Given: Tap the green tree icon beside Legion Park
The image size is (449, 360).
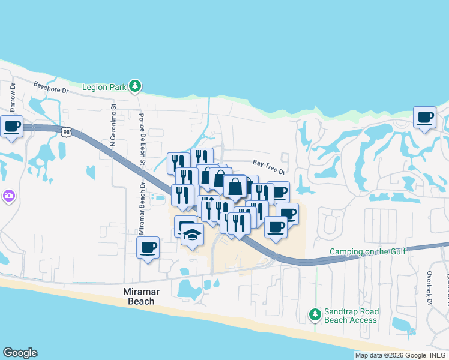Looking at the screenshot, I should (x=136, y=86).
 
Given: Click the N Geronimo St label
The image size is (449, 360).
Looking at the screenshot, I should (x=113, y=125).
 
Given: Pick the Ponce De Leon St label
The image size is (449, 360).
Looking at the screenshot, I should (x=142, y=138).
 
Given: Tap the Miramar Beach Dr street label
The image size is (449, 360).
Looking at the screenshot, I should (x=142, y=208).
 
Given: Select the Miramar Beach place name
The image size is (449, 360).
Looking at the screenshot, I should (x=133, y=296).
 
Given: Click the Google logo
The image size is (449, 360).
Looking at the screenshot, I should (x=20, y=353).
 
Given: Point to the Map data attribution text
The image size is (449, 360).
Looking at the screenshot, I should (x=401, y=355).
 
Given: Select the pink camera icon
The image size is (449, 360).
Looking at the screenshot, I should (x=9, y=196).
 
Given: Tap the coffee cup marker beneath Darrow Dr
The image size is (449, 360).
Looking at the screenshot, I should (x=11, y=127).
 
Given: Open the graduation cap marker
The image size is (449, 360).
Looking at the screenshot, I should (x=193, y=235).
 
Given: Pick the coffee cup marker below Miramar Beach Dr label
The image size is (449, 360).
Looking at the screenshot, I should (x=148, y=248).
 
